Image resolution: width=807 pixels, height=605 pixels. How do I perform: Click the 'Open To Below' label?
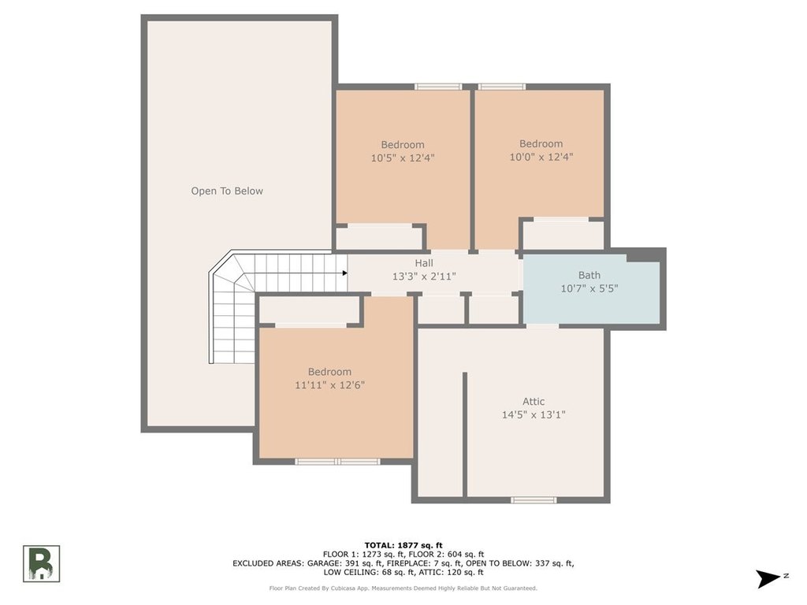[x=227, y=191]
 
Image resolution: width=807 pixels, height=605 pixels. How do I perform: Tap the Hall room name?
[x=424, y=263]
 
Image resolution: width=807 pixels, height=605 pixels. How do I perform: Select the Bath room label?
[x=589, y=275]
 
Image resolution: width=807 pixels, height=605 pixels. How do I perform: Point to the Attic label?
[x=534, y=401]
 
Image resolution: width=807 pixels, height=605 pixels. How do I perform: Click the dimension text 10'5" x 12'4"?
[x=403, y=158]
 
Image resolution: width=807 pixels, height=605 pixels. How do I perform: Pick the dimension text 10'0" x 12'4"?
[x=541, y=157]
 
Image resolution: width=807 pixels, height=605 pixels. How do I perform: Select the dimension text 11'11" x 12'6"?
[x=330, y=384]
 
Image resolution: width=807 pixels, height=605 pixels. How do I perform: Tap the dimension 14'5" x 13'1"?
[x=534, y=414]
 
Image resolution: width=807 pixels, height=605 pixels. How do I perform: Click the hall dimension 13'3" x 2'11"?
[x=424, y=277]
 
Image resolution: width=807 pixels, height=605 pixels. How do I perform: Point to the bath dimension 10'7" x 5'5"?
[x=589, y=288]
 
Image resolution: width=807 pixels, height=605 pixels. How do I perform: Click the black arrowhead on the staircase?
[x=345, y=273]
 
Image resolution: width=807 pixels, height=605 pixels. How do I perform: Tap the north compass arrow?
[x=768, y=578]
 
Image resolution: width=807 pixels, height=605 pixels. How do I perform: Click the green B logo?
[x=41, y=564]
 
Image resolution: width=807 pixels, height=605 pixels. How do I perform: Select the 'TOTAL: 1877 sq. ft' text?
[x=403, y=545]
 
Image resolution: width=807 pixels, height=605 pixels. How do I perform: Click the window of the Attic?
[x=534, y=499]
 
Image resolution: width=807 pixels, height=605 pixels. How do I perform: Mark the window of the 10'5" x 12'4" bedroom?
[x=438, y=87]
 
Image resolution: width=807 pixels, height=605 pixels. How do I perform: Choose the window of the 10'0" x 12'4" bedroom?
[x=502, y=87]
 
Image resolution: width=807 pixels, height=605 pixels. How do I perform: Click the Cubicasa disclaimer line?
[x=403, y=588]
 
